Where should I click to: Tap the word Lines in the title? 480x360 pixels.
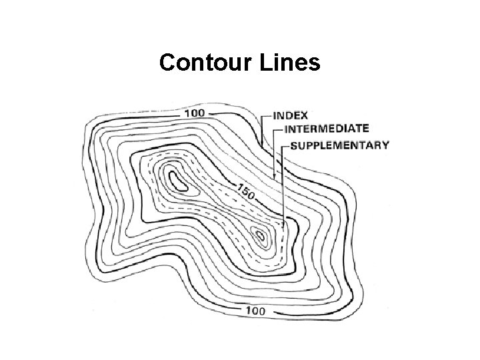click(291, 63)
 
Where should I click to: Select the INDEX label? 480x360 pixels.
click(290, 115)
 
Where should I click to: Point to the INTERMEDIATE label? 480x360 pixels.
click(327, 129)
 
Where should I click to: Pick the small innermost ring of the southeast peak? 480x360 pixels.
click(261, 234)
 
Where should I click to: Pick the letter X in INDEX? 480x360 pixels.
click(303, 115)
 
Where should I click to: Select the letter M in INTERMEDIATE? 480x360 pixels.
click(335, 129)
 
